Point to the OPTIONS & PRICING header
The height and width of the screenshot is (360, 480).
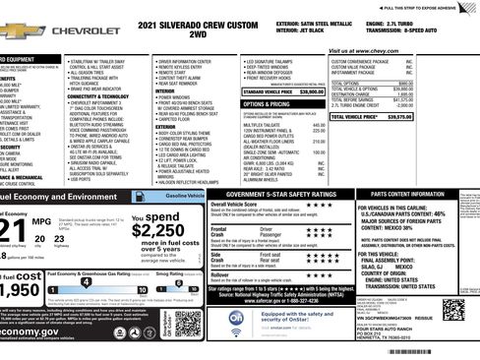(266, 103)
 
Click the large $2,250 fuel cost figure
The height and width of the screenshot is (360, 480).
(156, 229)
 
